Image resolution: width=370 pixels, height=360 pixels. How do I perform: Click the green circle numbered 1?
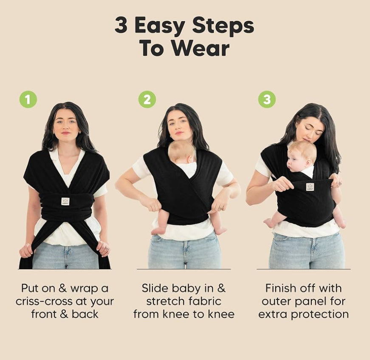pos(28,99)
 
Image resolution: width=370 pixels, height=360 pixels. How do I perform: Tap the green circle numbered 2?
pos(147,99)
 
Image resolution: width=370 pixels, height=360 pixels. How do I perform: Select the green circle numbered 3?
pos(267,99)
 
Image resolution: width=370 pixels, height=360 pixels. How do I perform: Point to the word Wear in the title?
pos(201,48)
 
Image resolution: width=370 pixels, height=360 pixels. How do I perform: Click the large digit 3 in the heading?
pos(121,25)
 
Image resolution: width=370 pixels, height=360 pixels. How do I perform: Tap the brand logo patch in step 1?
pos(65,201)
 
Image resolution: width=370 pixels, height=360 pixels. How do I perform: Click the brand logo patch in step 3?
pos(310,187)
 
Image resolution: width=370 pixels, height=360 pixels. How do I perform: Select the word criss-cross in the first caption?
pos(44,301)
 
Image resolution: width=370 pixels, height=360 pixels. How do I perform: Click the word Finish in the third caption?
pos(279,288)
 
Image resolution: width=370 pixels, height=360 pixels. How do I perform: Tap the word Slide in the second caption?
pos(155,288)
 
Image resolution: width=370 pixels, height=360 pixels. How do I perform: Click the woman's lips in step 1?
pos(66,133)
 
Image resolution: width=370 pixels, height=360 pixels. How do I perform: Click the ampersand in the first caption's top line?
pos(62,288)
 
